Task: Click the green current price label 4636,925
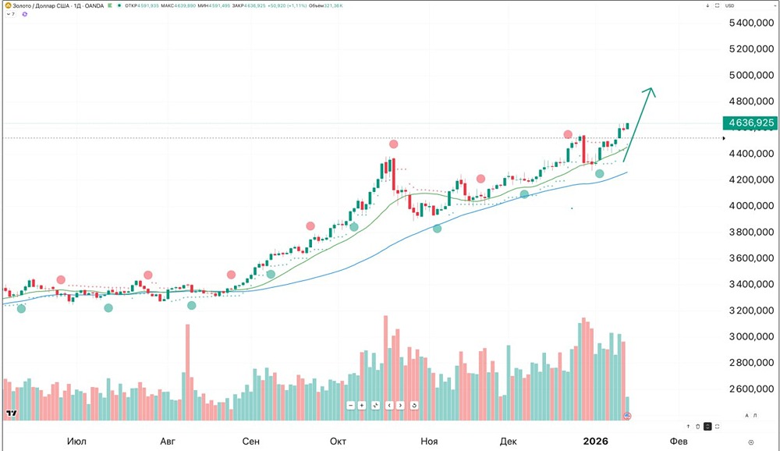point(750,123)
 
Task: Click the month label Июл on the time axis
point(76,441)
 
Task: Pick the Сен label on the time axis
point(250,441)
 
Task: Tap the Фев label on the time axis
point(679,441)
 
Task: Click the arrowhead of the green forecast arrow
point(650,91)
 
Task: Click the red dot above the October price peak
point(394,144)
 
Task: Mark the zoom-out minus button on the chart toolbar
point(351,405)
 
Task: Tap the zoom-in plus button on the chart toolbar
point(362,405)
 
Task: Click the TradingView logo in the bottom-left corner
point(11,414)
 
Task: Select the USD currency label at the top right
point(730,5)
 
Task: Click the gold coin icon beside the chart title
point(6,5)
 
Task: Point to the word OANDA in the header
point(93,5)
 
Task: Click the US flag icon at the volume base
point(627,416)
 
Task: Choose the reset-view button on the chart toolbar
point(413,405)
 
